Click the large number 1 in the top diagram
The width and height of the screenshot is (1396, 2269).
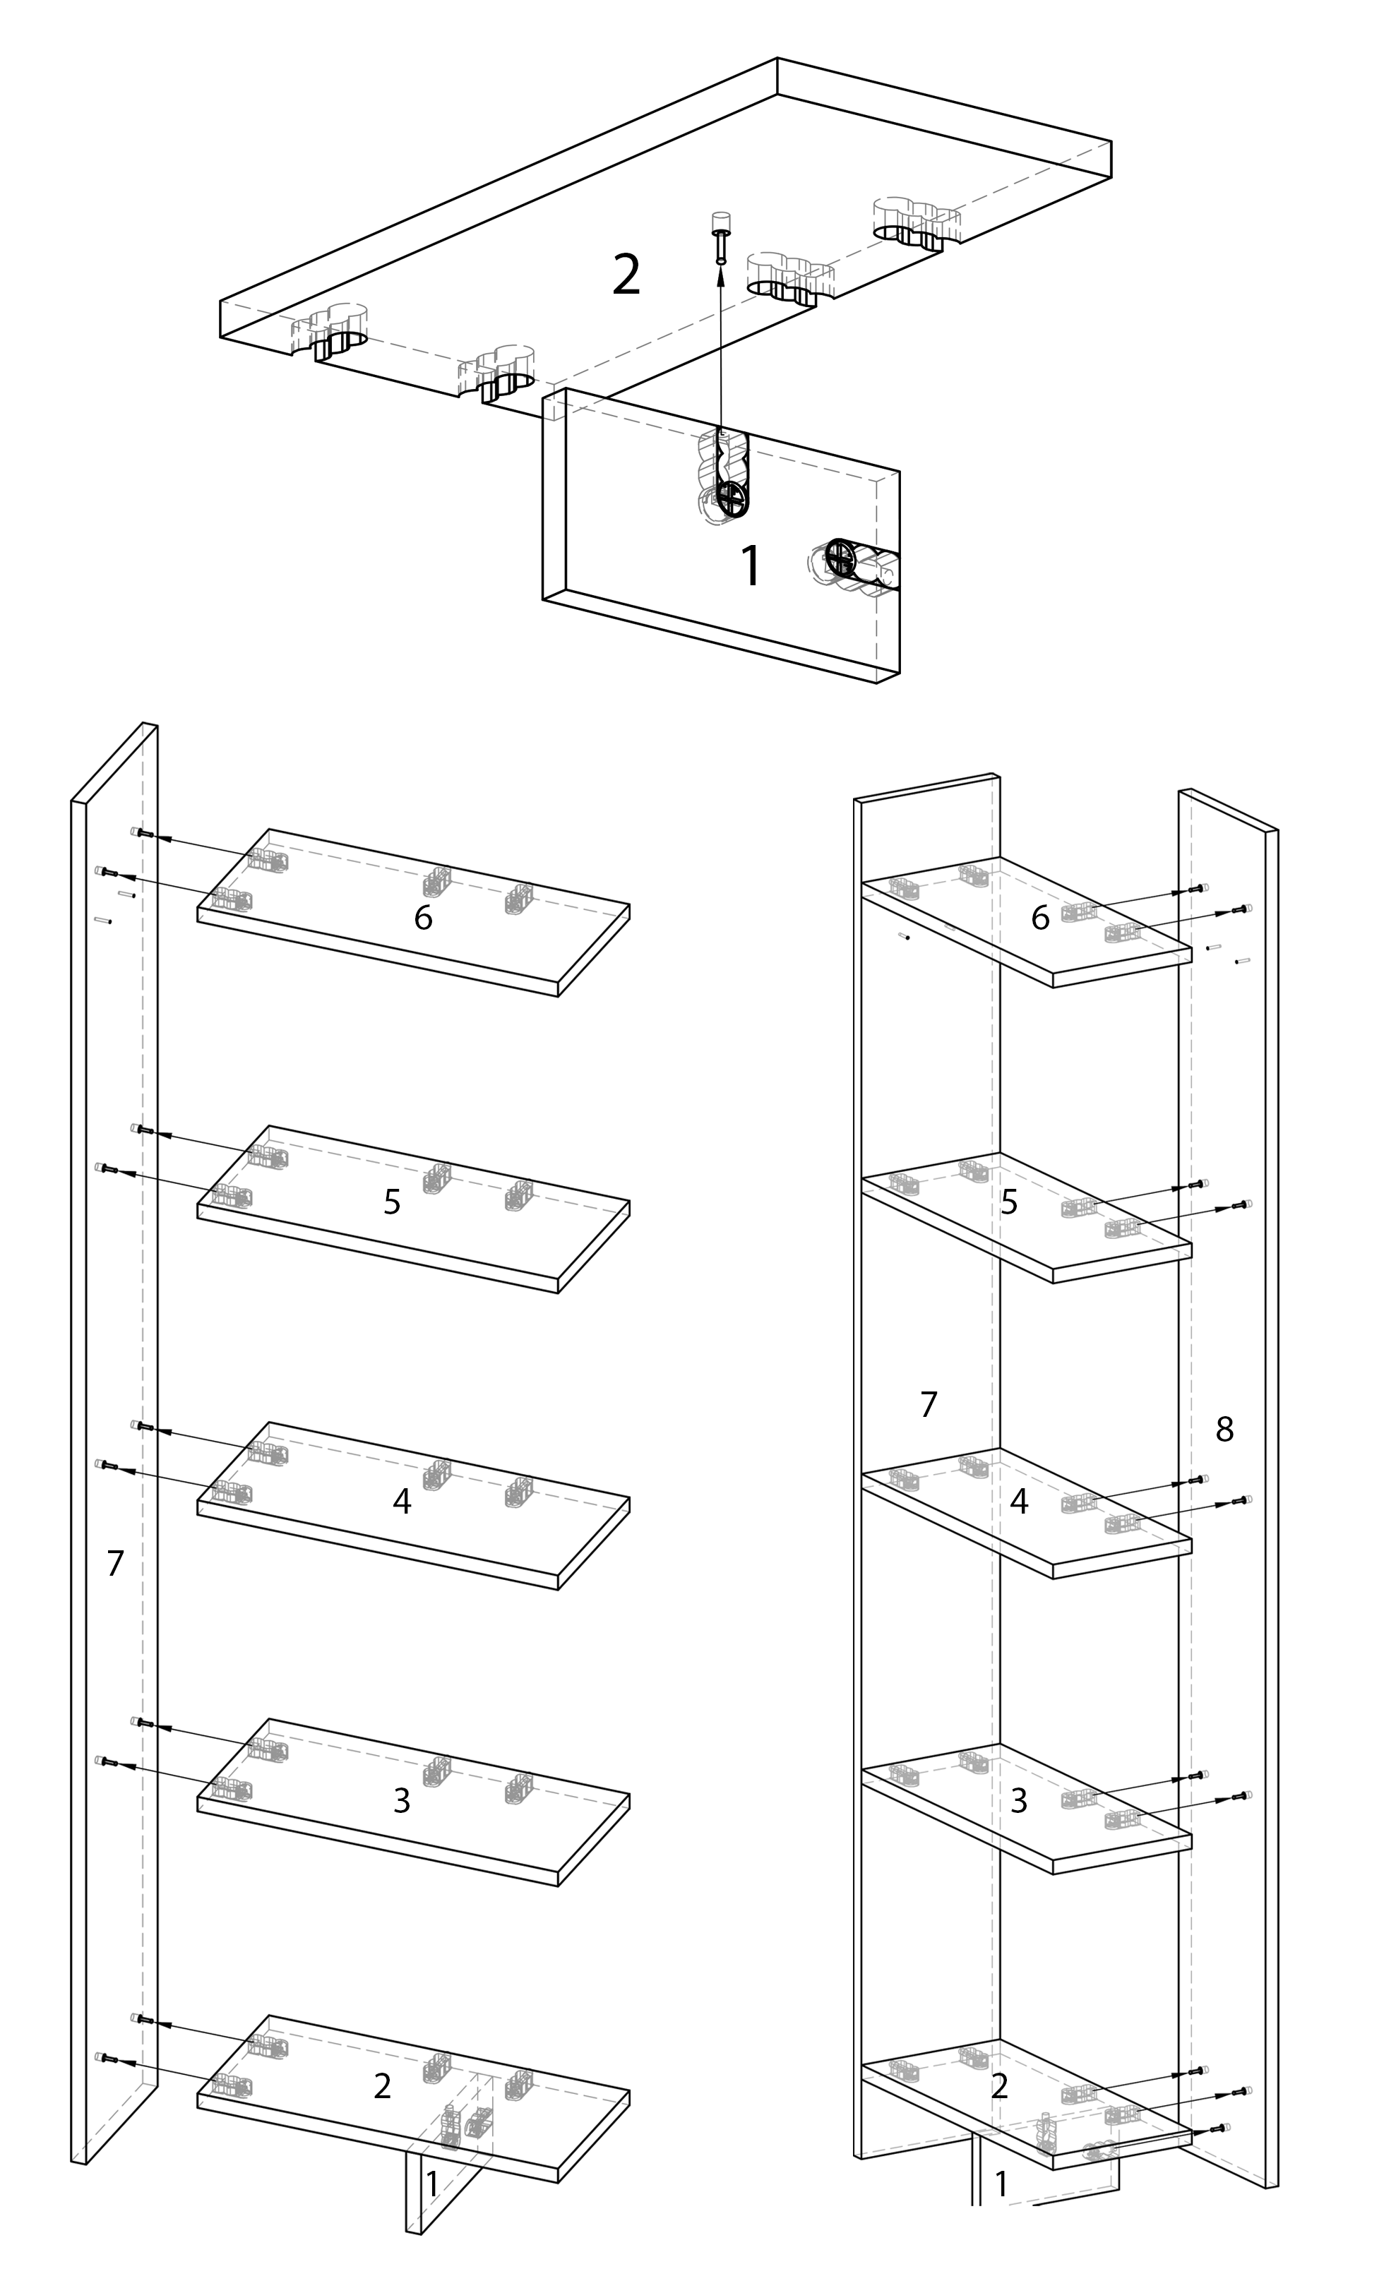click(751, 566)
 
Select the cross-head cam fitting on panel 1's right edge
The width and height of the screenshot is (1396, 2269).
click(842, 558)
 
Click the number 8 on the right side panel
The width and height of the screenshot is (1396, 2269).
click(1225, 1429)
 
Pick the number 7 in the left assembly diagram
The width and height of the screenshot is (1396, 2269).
click(114, 1564)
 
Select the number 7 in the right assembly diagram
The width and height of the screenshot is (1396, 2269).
click(929, 1404)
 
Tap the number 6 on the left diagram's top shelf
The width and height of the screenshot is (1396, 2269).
click(423, 918)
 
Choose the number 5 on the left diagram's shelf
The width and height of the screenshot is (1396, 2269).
click(393, 1202)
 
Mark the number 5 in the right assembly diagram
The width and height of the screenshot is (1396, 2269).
click(1009, 1201)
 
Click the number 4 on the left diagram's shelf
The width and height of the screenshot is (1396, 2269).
click(402, 1501)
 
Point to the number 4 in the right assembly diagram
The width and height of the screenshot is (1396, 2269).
click(1020, 1501)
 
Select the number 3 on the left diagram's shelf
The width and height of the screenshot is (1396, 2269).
click(402, 1800)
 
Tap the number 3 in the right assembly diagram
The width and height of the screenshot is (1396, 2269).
click(1020, 1800)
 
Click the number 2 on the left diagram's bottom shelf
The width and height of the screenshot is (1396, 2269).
click(382, 2085)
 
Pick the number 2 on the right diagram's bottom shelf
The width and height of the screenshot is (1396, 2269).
click(999, 2085)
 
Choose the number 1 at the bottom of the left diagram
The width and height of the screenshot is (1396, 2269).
click(431, 2184)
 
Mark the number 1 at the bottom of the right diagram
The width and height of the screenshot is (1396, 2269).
click(1001, 2184)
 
